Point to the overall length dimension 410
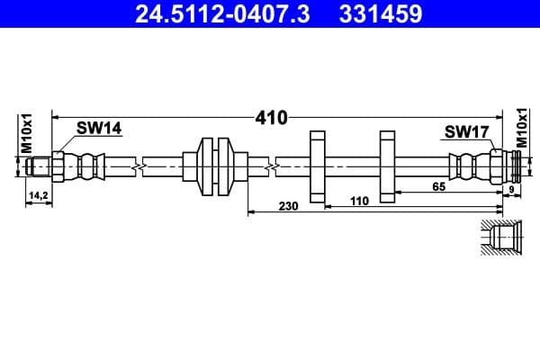pos(271,116)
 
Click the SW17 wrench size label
pos(465,132)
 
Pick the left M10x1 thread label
pos(26,132)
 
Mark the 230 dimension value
pos(288,205)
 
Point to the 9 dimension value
pos(514,191)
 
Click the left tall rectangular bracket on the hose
pos(317,166)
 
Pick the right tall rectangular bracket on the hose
pos(388,166)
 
